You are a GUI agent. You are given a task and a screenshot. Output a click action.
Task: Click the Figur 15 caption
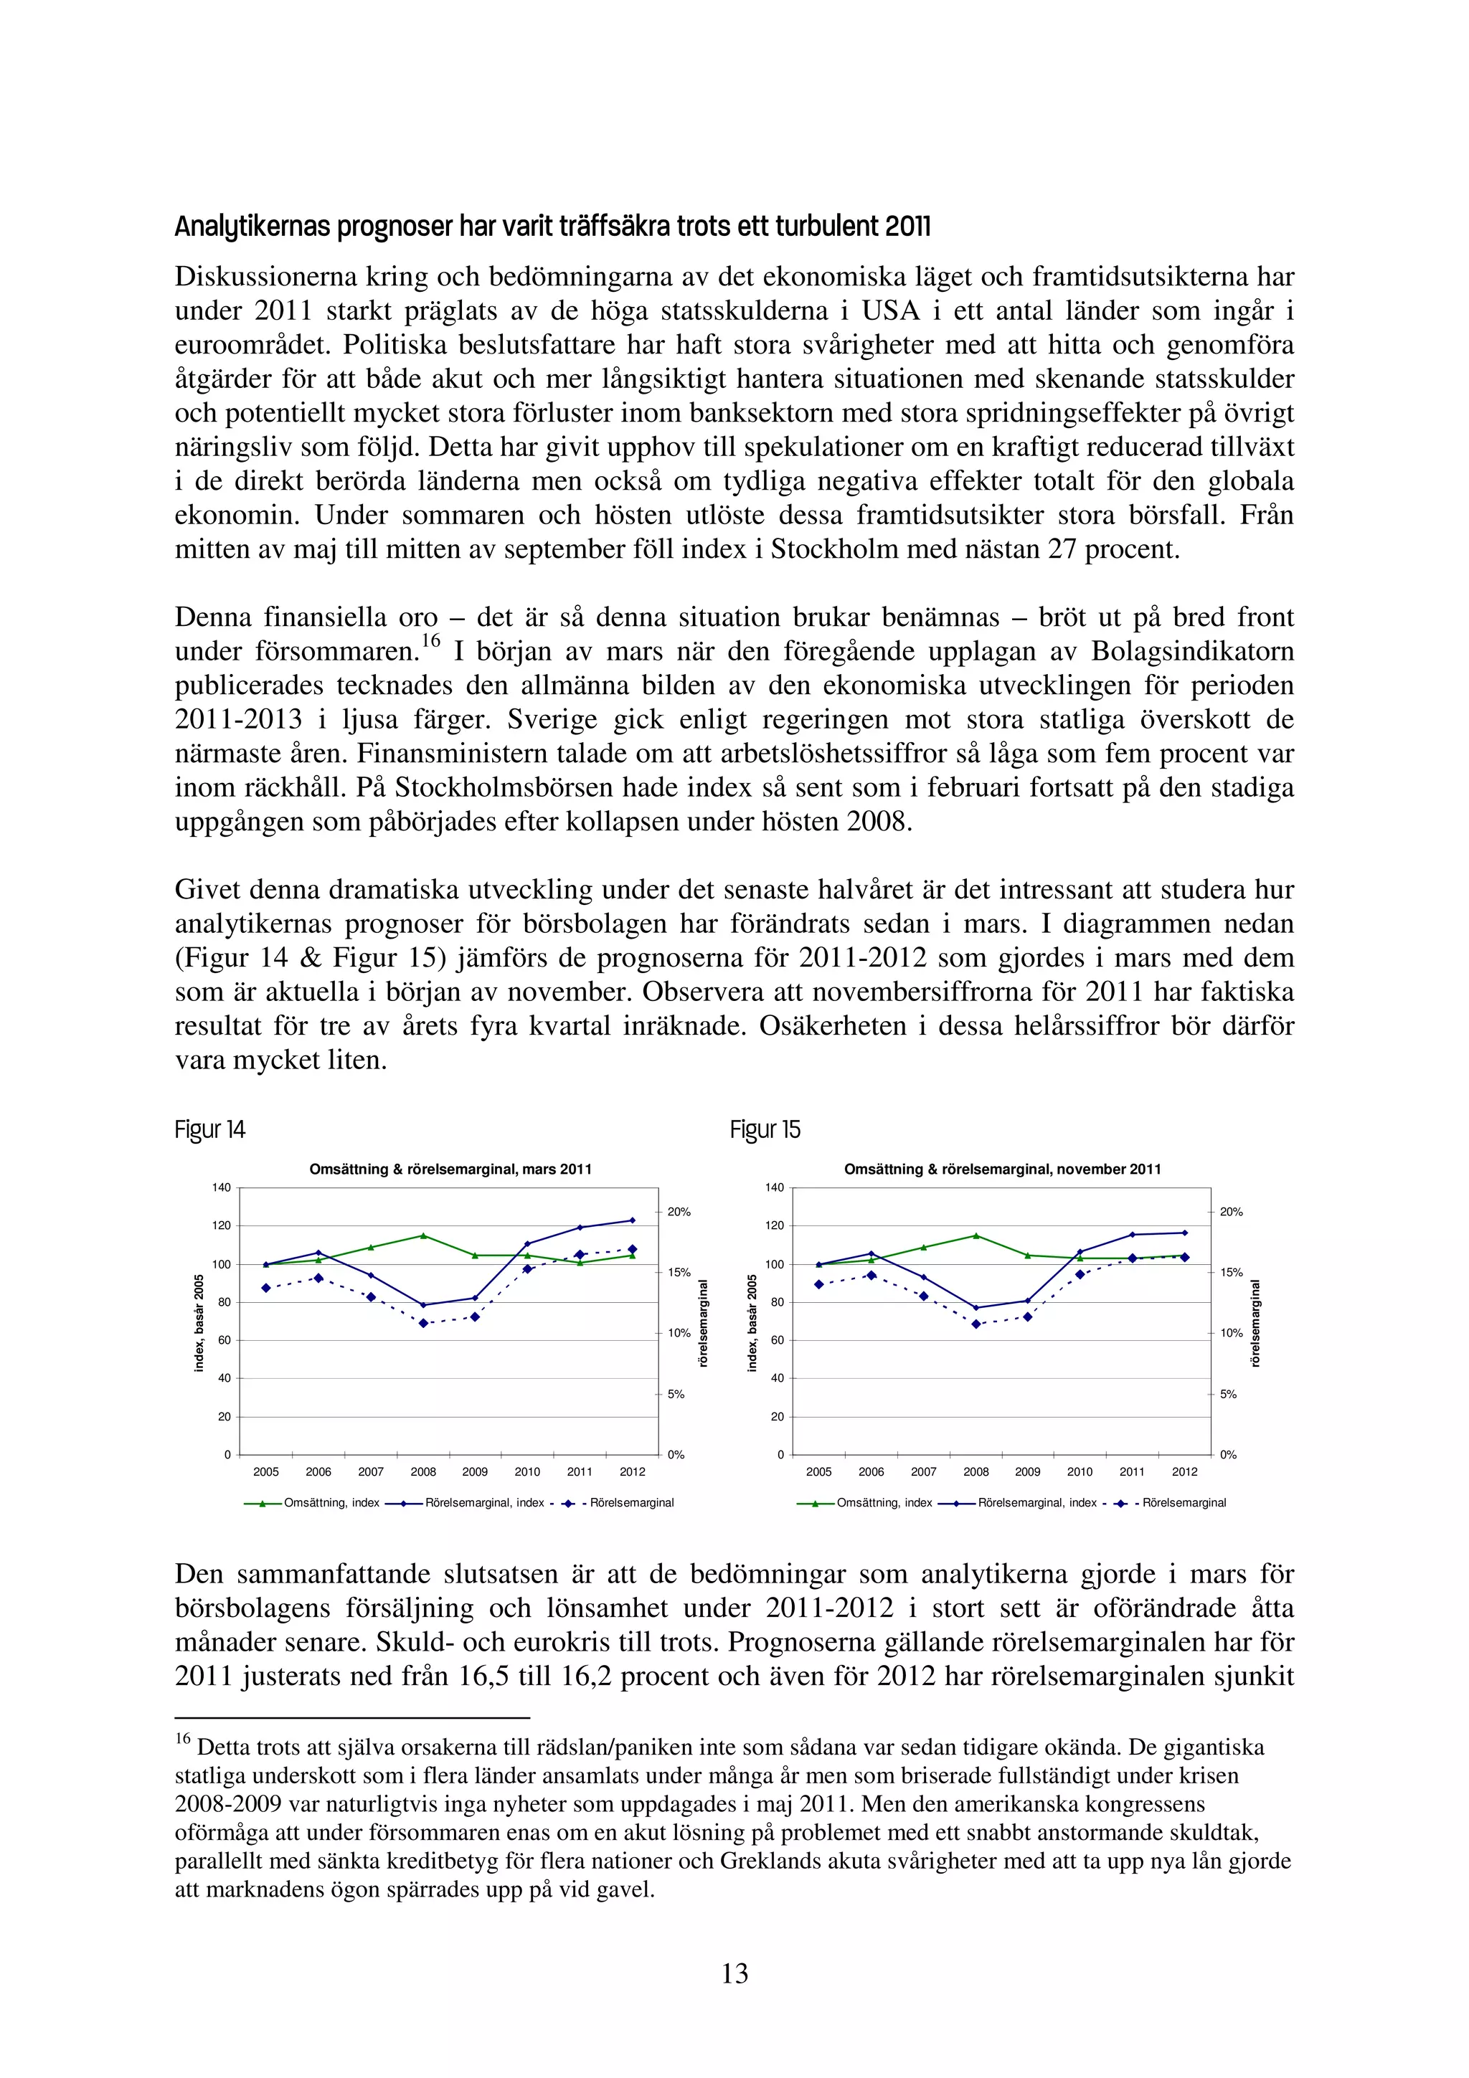point(765,1129)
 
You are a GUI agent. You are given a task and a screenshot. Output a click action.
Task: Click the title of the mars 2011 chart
point(450,1170)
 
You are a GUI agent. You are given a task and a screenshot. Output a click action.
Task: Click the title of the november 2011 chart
point(1002,1170)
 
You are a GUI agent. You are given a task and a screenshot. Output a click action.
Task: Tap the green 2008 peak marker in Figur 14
point(422,1235)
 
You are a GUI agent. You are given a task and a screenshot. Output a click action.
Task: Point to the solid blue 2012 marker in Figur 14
point(632,1220)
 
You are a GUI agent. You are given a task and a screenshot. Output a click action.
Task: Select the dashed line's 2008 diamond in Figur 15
point(976,1324)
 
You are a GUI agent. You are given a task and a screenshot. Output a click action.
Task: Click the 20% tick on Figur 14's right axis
point(679,1212)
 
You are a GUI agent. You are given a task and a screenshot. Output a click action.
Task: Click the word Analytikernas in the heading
point(252,227)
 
